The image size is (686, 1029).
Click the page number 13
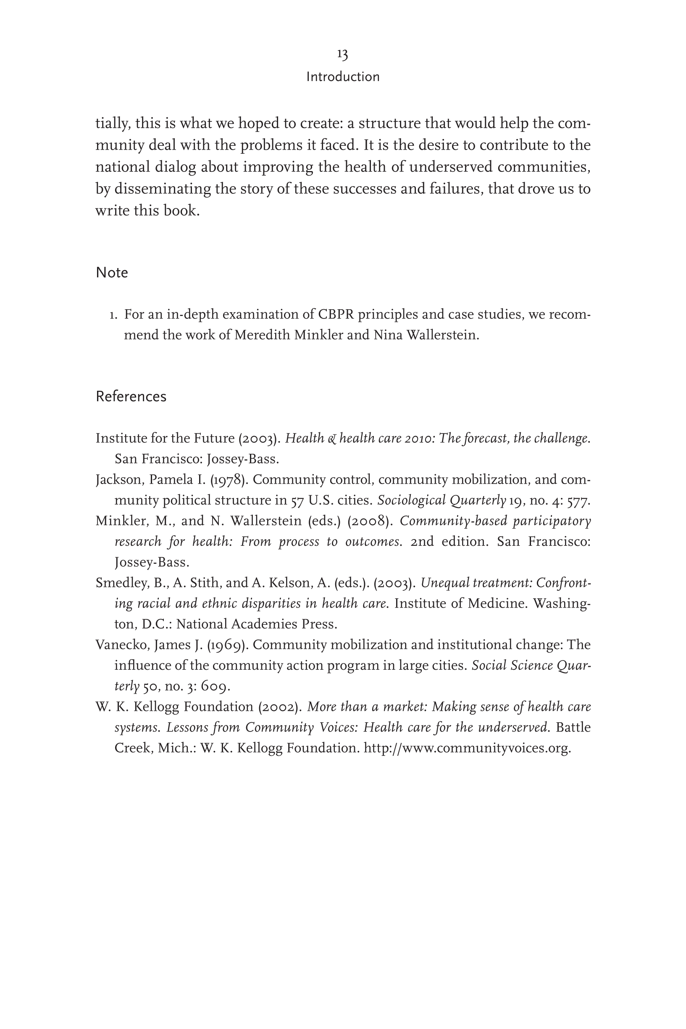(342, 55)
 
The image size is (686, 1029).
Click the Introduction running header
(342, 77)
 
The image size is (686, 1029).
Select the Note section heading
(112, 273)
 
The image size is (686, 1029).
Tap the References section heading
(131, 396)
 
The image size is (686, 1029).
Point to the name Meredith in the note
(262, 335)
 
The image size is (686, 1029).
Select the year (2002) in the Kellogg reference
(280, 707)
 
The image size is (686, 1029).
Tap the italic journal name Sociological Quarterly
(442, 500)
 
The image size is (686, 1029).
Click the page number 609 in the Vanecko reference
(215, 687)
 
